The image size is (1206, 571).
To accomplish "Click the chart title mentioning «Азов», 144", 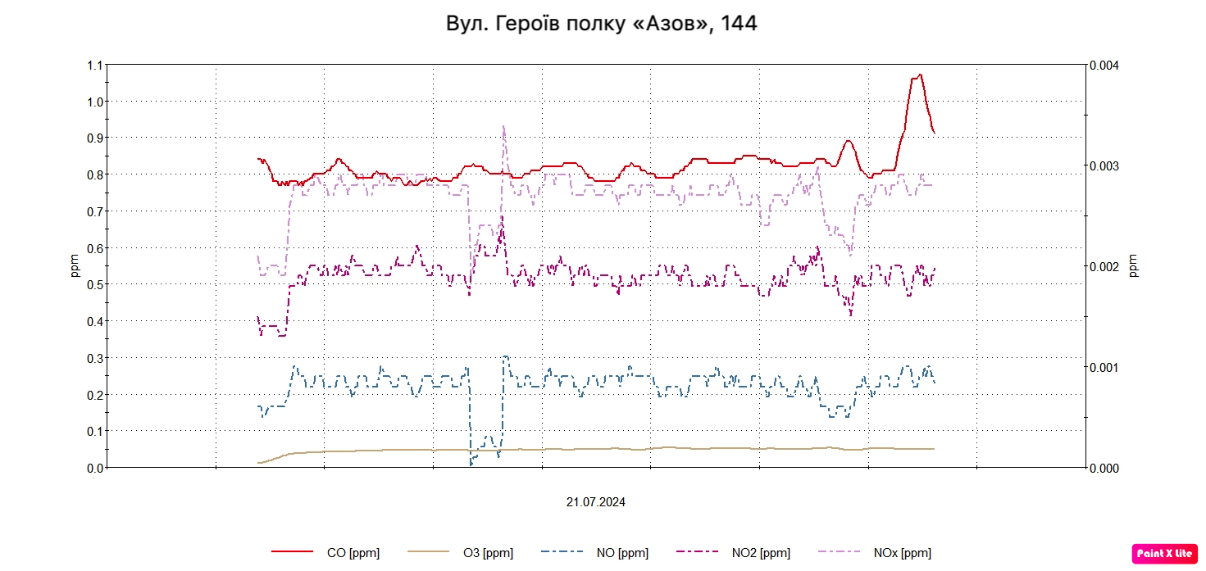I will click(x=602, y=24).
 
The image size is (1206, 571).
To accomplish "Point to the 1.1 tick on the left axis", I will click(x=95, y=66).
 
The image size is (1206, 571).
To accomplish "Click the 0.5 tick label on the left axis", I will click(x=95, y=284).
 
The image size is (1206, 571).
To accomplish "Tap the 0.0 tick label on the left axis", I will click(x=95, y=468).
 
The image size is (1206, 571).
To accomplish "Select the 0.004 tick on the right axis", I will click(x=1103, y=66).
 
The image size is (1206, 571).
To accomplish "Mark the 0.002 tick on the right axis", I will click(x=1103, y=267).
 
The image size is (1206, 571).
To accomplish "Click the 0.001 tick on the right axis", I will click(x=1103, y=367).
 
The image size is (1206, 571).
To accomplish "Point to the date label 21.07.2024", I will click(x=595, y=502).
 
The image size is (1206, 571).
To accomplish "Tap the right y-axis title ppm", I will click(x=1135, y=265).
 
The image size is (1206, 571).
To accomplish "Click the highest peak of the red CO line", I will click(x=920, y=75).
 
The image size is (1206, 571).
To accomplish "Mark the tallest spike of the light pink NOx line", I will click(x=503, y=126).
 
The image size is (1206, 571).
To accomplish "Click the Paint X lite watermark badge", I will click(x=1164, y=554).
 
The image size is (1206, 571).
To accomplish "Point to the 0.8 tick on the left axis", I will click(x=95, y=174).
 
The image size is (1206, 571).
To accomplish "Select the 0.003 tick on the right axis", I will click(x=1103, y=166).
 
